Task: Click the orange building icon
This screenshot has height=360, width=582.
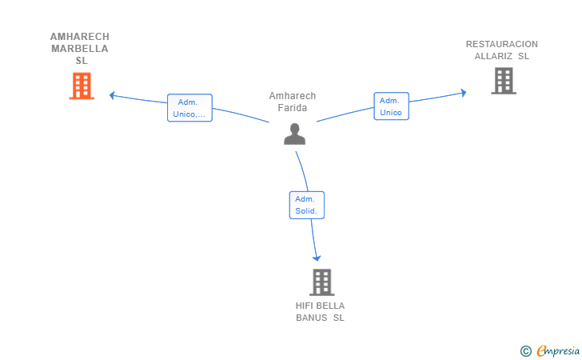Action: tap(82, 86)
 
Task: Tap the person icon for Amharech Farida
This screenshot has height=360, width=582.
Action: tap(294, 134)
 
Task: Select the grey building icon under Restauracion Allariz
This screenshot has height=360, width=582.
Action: tap(504, 81)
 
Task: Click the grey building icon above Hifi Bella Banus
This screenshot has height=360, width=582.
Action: tap(322, 282)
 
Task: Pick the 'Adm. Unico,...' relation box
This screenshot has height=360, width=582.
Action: tap(189, 108)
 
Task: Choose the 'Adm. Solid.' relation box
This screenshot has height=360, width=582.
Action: tap(307, 205)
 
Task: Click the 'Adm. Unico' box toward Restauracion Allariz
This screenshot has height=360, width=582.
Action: tap(391, 106)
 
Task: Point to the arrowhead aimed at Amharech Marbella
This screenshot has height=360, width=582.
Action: tap(112, 95)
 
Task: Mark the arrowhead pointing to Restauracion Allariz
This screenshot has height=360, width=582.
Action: tap(463, 93)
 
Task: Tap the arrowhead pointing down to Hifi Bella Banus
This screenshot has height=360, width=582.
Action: tap(317, 258)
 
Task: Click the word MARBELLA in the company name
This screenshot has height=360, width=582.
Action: tap(80, 49)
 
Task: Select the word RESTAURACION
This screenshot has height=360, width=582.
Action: tap(502, 44)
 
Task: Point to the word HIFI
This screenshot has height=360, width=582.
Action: tap(302, 306)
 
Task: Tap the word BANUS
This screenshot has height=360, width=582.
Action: tap(312, 318)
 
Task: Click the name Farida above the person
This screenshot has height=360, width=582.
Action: tap(293, 108)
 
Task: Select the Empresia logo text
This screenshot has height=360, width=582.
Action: tap(558, 350)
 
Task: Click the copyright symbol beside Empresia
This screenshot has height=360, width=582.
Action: tap(526, 351)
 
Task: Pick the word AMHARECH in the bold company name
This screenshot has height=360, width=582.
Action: tap(80, 37)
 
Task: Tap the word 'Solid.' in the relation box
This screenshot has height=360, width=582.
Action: tap(306, 211)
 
